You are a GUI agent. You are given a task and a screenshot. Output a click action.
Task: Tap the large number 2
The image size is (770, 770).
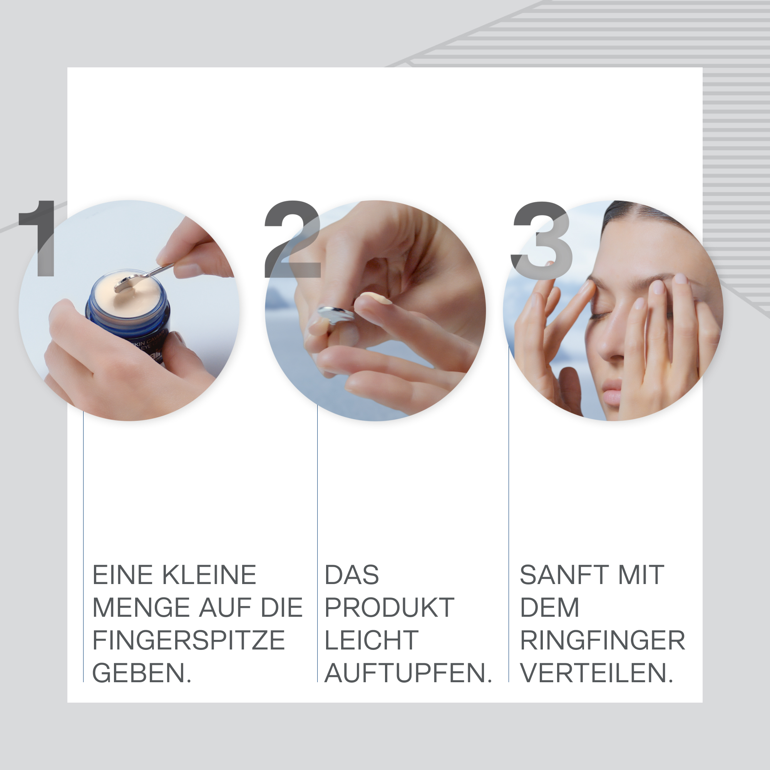point(293,239)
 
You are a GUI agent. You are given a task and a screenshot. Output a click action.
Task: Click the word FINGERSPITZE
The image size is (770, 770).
point(189,641)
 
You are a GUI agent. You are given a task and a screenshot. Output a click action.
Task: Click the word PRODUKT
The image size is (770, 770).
point(389,608)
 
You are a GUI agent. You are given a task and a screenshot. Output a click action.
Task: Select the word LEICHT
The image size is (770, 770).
point(372,641)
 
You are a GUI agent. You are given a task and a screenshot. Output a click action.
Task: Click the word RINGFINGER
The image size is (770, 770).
point(602,641)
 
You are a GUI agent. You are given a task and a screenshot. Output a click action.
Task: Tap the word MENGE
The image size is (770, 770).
point(141,608)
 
